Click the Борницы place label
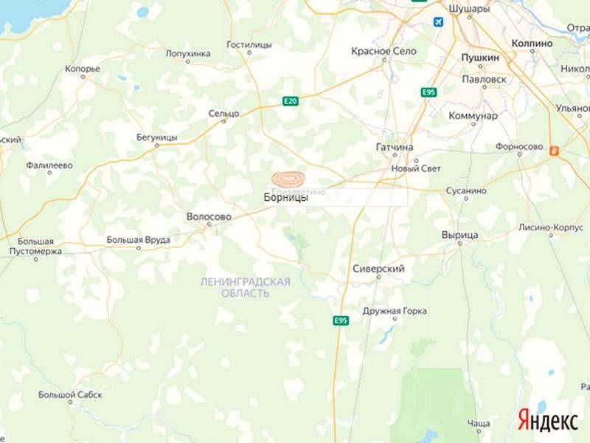285,198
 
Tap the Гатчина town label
395,148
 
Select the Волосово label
209,217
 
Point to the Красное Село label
383,51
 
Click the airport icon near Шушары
439,22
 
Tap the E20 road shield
291,102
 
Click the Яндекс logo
547,421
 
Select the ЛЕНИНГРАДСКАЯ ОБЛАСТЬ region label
246,287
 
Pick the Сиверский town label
378,269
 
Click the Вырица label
459,235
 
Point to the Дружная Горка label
395,311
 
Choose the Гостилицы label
249,44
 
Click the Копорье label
83,69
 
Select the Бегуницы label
157,137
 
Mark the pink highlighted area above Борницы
288,179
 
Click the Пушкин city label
480,57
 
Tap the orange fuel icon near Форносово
555,150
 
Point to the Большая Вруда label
139,240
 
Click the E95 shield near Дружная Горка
340,320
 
